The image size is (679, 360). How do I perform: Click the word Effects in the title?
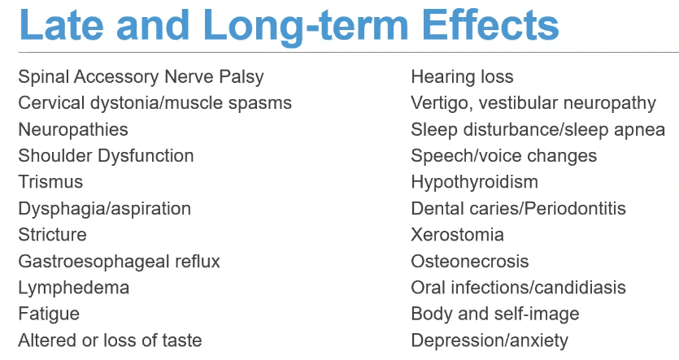coord(490,24)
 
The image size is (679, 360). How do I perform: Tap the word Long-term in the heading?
coord(306,27)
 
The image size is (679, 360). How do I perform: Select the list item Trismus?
coord(50,182)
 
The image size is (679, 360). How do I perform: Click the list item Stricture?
coord(52,235)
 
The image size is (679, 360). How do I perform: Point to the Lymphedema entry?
coord(74,288)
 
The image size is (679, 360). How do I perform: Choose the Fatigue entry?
coord(49,314)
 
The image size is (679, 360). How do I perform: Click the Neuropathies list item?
coord(73,130)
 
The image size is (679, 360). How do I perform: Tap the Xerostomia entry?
coord(457,235)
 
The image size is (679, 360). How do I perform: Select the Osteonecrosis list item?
coord(470,262)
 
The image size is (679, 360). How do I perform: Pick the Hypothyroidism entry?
coord(475,183)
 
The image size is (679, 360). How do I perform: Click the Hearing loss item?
coord(462,77)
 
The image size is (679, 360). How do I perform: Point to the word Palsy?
coord(242,77)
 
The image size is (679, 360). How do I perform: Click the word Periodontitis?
coord(575,209)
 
